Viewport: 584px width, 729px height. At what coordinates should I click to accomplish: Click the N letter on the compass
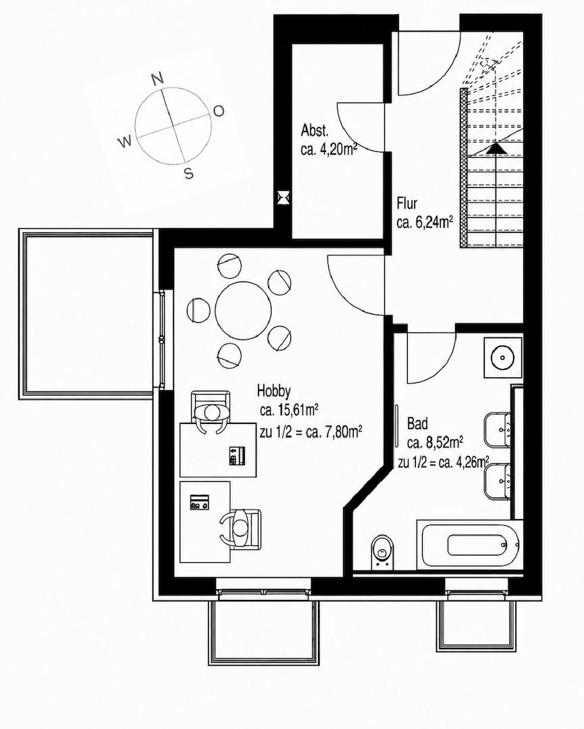[159, 80]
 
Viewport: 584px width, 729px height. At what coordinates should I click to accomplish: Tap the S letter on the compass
[188, 173]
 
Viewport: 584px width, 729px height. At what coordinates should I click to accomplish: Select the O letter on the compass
[219, 111]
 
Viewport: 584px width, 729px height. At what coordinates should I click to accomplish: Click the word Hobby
[274, 391]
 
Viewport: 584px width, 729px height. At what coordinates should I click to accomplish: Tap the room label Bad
[417, 423]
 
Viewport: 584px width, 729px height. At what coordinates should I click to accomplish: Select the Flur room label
[407, 204]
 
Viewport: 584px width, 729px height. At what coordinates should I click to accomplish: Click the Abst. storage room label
[315, 130]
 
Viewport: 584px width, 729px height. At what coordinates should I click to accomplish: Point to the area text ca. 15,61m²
[289, 410]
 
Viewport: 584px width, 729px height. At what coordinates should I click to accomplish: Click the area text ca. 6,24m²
[425, 223]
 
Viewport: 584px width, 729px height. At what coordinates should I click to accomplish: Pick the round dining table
[243, 310]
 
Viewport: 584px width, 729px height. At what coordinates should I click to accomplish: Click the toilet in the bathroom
[383, 552]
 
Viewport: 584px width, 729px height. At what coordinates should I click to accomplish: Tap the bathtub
[470, 543]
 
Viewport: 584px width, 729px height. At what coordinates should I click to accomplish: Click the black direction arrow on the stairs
[496, 147]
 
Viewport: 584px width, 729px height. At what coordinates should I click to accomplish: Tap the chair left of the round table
[198, 310]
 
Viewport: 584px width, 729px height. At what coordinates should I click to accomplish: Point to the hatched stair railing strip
[463, 167]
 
